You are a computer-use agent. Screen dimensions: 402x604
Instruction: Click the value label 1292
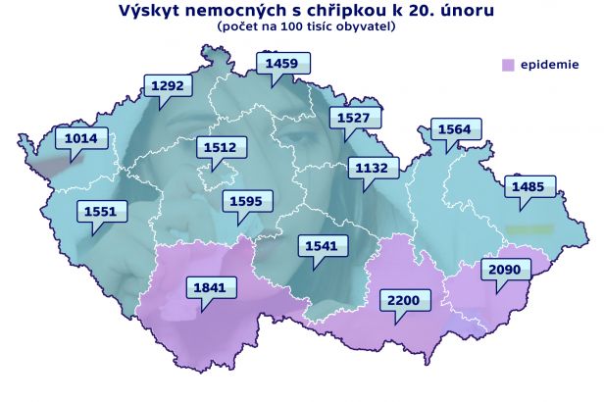[167, 86]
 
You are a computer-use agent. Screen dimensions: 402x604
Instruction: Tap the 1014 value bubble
[80, 139]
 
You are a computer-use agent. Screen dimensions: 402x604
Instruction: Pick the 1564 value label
[454, 129]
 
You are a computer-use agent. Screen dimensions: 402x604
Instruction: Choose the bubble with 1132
[372, 168]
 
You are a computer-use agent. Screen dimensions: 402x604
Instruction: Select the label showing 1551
[99, 210]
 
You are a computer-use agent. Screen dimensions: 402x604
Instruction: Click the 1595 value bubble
[243, 202]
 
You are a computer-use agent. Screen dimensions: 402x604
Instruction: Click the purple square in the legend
[507, 66]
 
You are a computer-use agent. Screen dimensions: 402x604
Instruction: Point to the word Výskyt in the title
[149, 11]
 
